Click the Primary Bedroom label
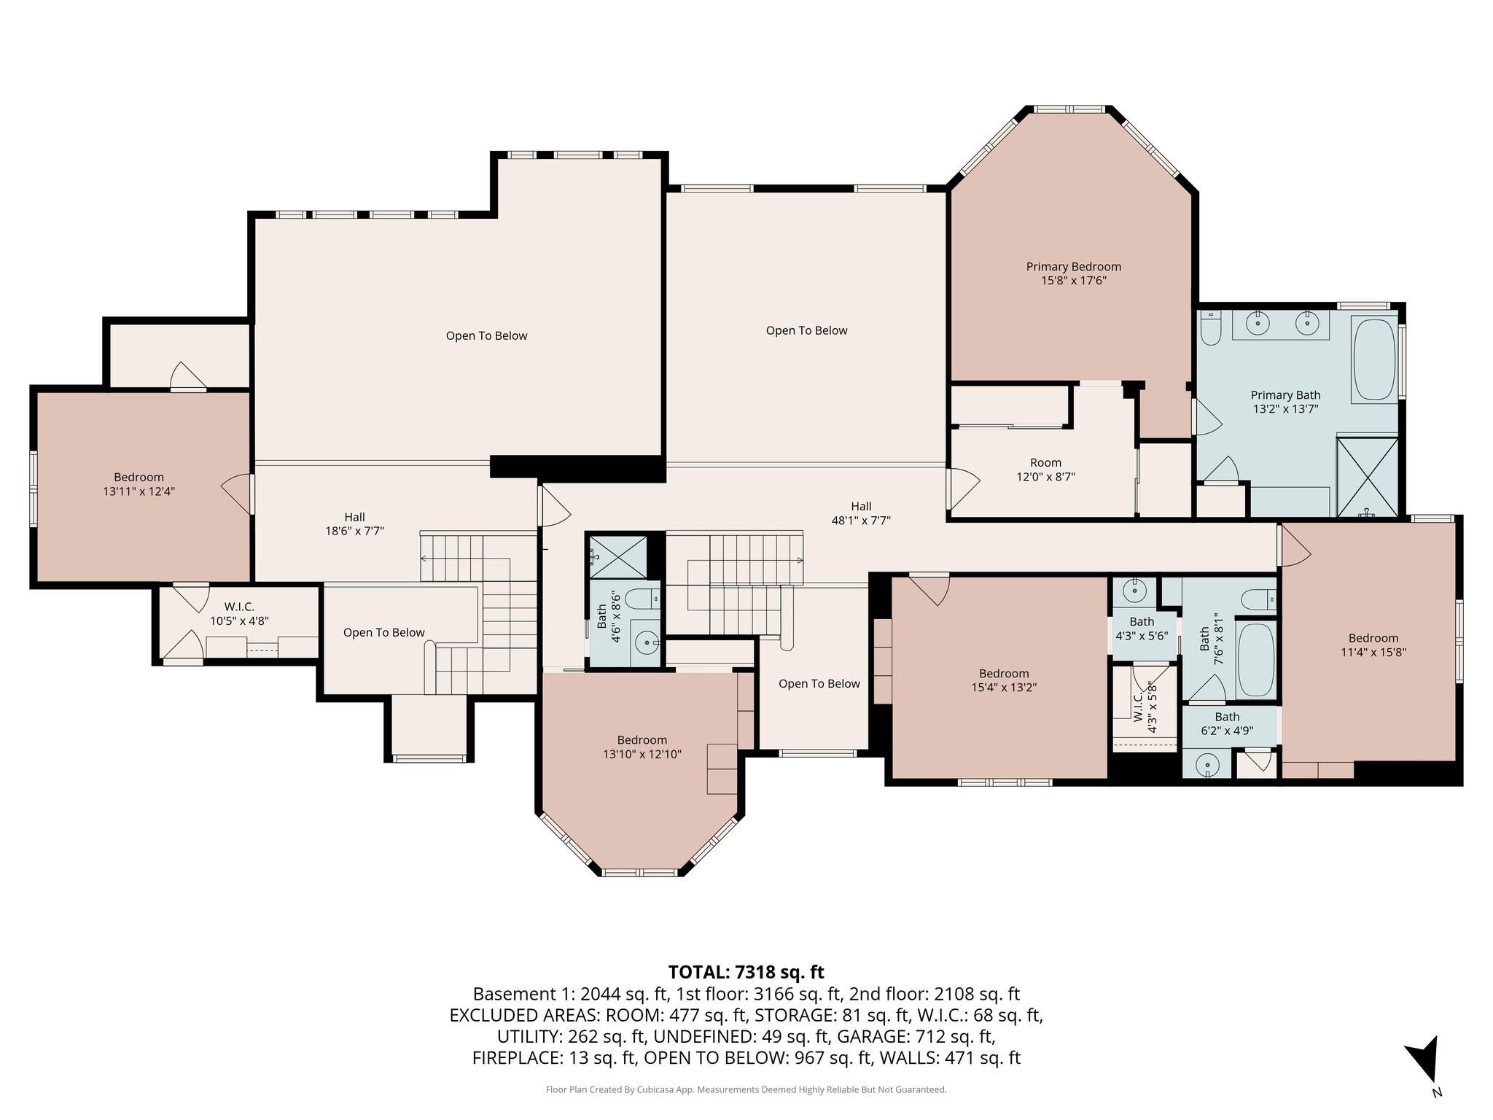point(1074,273)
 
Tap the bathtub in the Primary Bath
point(1374,359)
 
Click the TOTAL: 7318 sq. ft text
point(746,972)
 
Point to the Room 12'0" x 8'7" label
point(1045,470)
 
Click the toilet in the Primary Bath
point(1210,330)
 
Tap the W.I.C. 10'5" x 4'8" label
point(239,614)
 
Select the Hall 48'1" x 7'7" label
point(861,513)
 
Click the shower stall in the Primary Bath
point(1367,475)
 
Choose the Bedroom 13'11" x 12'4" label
point(139,484)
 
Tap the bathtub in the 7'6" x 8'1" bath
point(1256,660)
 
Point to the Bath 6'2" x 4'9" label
point(1227,723)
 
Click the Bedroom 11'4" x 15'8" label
point(1373,645)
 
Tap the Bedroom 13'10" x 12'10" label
point(642,747)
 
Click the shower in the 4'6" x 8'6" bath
point(617,556)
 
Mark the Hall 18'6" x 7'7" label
point(354,524)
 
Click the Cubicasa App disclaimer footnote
point(746,1090)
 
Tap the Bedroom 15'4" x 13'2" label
point(1004,680)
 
